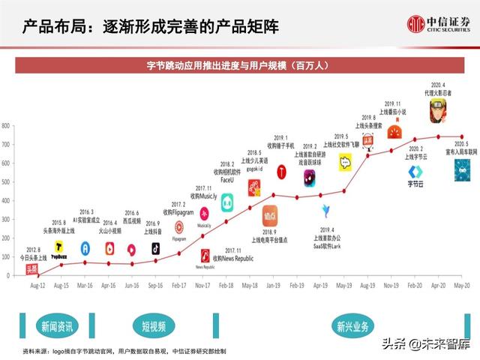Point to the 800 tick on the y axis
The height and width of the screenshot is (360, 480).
(5, 125)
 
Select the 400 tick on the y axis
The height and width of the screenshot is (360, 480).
(5, 200)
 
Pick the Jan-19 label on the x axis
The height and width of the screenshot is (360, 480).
(274, 286)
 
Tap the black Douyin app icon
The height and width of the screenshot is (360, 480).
(156, 248)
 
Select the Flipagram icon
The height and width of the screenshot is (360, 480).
(179, 227)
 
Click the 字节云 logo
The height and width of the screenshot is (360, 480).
(417, 173)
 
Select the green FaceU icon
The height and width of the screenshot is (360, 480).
(227, 201)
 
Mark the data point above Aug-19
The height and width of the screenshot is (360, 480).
(367, 155)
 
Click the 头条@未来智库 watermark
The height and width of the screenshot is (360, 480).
(427, 344)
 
